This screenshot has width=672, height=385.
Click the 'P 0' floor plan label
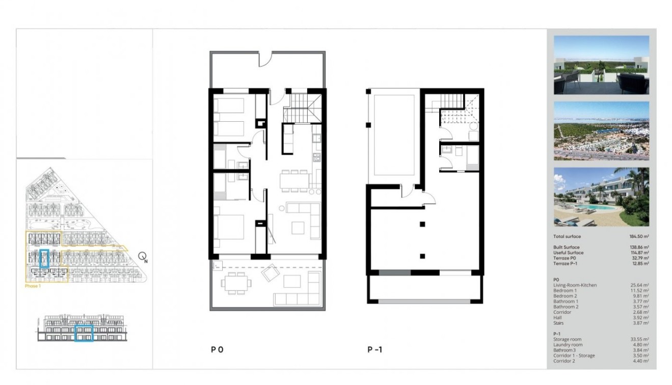(217, 350)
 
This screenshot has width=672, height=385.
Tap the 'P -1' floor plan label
(375, 350)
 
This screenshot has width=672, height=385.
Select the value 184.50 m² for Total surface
(639, 236)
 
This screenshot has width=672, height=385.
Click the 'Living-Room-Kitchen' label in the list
(575, 285)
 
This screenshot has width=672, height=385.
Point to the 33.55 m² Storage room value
(639, 339)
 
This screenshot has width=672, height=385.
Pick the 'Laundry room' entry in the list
(568, 345)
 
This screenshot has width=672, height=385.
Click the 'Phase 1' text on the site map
(33, 286)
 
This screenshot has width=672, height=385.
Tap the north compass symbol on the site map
(143, 257)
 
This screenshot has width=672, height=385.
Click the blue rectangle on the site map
(44, 258)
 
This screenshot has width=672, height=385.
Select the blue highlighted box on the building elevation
(84, 334)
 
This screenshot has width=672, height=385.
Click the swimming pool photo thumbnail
(601, 197)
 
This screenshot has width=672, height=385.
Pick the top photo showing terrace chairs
(601, 65)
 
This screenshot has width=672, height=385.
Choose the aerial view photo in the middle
(601, 131)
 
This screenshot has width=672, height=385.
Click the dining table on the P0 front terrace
(235, 282)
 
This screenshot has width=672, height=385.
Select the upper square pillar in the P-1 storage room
(422, 224)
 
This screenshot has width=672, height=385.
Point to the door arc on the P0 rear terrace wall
(265, 59)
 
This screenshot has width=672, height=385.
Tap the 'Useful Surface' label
(568, 253)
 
